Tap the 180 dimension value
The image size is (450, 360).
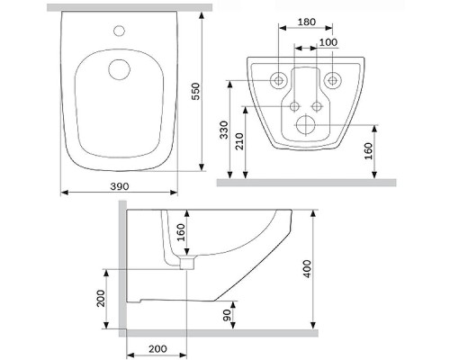[308, 22]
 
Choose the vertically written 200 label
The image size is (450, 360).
[101, 298]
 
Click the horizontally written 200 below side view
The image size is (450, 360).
[157, 348]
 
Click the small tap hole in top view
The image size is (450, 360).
[119, 30]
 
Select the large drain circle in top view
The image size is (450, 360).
[119, 69]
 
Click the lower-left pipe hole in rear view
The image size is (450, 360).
[294, 106]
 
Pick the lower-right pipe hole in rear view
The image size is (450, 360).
[318, 106]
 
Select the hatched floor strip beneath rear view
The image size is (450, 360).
[306, 181]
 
